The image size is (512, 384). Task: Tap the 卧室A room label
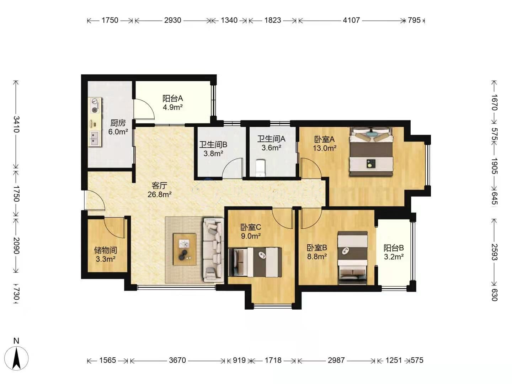pos(325,139)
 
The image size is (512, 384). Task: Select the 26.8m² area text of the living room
pos(160,194)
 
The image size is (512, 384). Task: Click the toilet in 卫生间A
pos(261,168)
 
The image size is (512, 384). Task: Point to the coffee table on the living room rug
pos(185,249)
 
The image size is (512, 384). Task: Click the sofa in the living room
pos(213,250)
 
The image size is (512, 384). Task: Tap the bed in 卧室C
pos(255,262)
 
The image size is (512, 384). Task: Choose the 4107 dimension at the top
pos(351,20)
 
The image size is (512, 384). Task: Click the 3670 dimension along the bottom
pos(177,360)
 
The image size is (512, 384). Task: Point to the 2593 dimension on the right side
pos(494,252)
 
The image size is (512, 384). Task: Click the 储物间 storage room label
pos(106,250)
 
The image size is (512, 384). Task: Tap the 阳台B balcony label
pos(394,248)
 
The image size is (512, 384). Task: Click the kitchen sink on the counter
pos(95,139)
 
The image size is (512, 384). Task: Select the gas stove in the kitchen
pos(95,106)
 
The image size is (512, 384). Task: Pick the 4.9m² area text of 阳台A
pos(172,107)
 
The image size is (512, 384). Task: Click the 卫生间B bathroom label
pos(213,145)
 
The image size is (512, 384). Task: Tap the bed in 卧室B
pos(353,258)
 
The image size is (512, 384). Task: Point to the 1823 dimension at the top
pos(272,20)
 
